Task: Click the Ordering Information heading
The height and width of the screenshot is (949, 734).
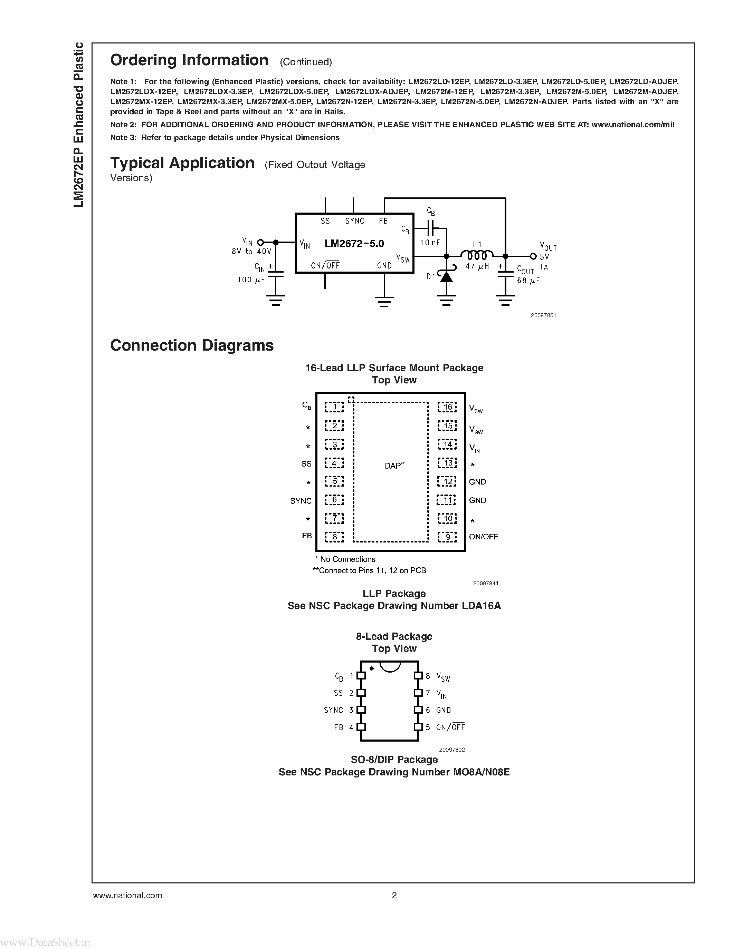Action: [x=189, y=60]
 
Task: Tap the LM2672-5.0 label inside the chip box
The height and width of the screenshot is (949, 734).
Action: [x=354, y=243]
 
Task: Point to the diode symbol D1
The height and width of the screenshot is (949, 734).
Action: [x=446, y=275]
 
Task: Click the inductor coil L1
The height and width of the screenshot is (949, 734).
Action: [x=477, y=255]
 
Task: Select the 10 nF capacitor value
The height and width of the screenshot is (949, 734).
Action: [x=430, y=243]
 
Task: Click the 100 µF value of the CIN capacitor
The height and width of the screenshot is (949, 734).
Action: [x=251, y=280]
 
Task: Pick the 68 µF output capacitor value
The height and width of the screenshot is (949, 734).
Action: [x=528, y=281]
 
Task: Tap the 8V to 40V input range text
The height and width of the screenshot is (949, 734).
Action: [x=251, y=252]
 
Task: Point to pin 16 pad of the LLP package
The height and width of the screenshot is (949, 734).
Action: [x=447, y=407]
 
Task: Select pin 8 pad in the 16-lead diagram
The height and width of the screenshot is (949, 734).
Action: [x=334, y=537]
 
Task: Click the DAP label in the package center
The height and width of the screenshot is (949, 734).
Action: [x=394, y=466]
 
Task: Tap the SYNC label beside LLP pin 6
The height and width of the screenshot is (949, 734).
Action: [x=301, y=501]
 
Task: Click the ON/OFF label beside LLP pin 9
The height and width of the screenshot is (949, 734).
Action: [x=483, y=537]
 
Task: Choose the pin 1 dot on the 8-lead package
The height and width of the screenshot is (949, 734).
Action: [x=371, y=668]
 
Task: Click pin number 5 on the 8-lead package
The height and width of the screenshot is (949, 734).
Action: [x=427, y=727]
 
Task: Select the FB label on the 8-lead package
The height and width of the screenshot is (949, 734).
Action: [x=338, y=727]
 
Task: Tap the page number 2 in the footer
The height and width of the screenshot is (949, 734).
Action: [x=394, y=895]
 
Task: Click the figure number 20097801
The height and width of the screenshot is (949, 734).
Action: [x=543, y=315]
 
